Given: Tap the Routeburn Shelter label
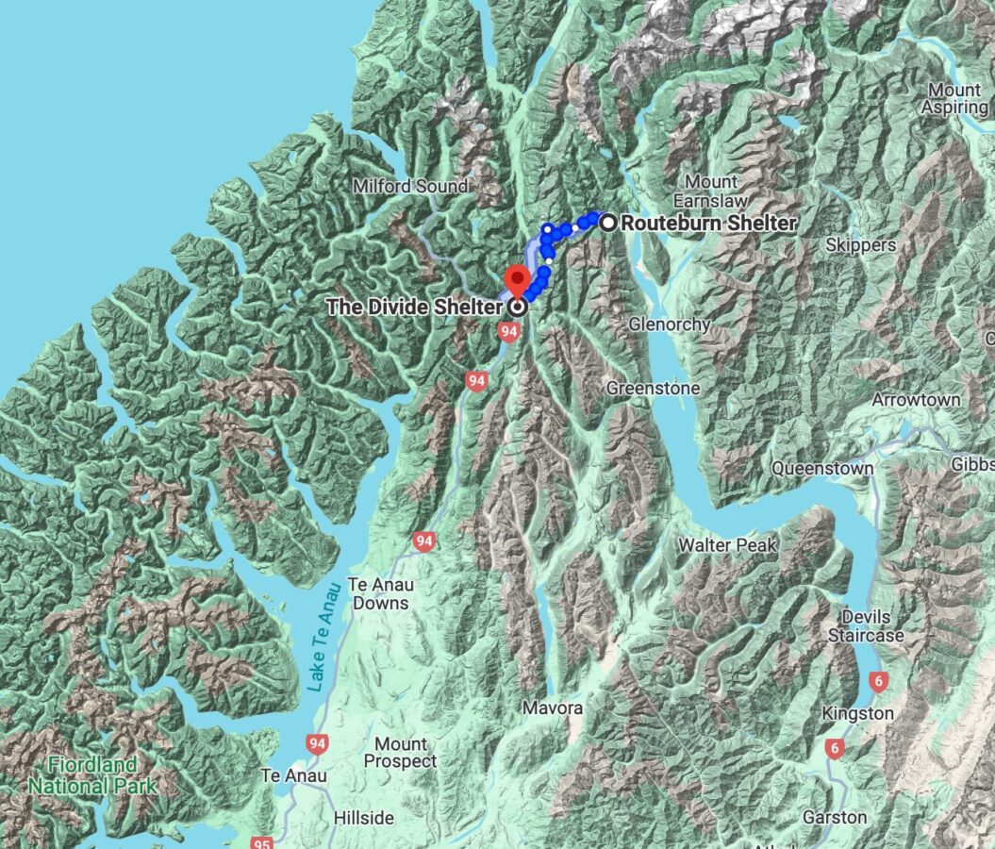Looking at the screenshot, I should (708, 224).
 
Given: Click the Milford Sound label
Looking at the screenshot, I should (409, 187).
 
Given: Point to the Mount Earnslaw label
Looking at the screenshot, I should (711, 191).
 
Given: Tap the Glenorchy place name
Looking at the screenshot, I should (669, 325).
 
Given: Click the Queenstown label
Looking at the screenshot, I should (821, 468).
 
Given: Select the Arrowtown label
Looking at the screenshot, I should (915, 400).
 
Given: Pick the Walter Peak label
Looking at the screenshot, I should (727, 545).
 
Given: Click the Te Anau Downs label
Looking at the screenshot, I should (378, 593).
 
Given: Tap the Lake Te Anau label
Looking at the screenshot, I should (322, 651).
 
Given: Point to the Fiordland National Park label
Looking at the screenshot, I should (81, 774).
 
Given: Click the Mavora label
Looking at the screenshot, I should (555, 707).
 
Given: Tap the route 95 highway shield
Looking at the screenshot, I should (264, 841).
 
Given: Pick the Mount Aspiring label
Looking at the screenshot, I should (956, 99).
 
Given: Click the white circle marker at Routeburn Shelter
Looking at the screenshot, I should (609, 224).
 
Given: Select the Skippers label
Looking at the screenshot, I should (859, 245).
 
